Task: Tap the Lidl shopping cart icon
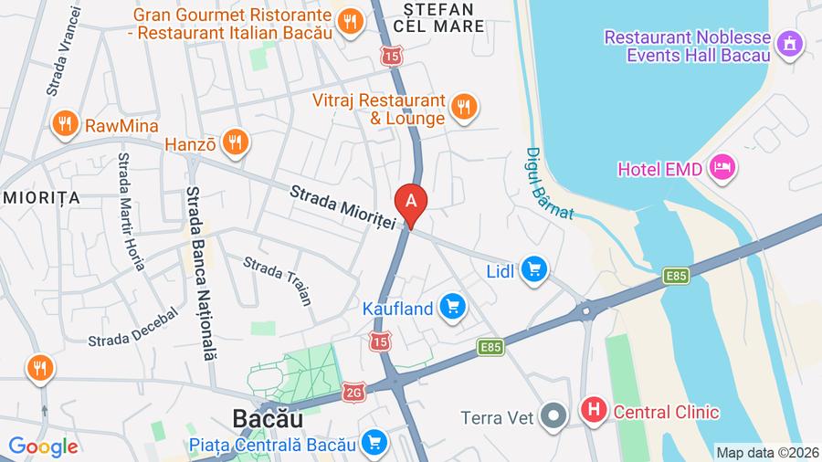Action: tap(534, 269)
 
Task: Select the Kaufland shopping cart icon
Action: tap(452, 308)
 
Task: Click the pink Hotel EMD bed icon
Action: tap(723, 167)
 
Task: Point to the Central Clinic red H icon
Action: tap(594, 412)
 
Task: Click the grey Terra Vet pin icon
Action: tap(553, 417)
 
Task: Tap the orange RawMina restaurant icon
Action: tap(64, 124)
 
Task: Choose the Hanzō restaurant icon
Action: tap(236, 142)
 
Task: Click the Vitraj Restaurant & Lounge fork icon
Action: tap(464, 107)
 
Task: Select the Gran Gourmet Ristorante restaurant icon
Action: tap(350, 22)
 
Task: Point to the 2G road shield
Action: tap(355, 393)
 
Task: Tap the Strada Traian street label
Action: tap(277, 279)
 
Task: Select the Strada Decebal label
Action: tap(125, 326)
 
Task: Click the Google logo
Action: tap(43, 446)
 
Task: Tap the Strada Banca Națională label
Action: tap(201, 274)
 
